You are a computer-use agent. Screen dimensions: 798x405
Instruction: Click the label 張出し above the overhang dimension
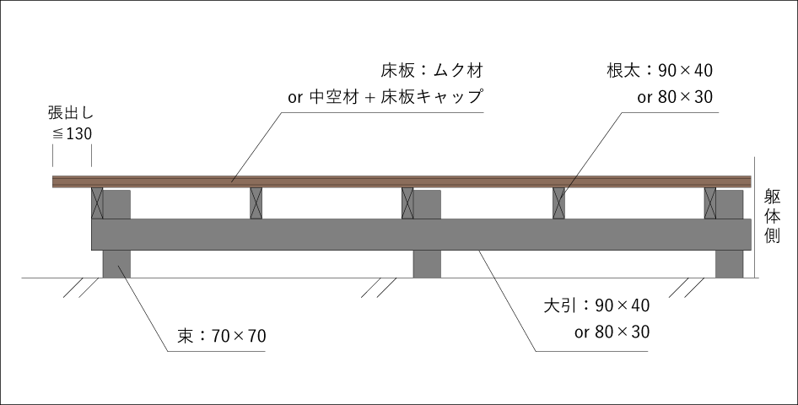pyautogui.click(x=71, y=112)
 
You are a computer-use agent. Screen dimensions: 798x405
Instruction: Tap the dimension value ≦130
pyautogui.click(x=72, y=134)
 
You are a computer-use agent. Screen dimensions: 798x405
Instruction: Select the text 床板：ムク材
pyautogui.click(x=432, y=70)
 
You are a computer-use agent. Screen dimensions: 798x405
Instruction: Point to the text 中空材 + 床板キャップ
pyautogui.click(x=396, y=97)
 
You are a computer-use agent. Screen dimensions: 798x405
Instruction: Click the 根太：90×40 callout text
pyautogui.click(x=660, y=70)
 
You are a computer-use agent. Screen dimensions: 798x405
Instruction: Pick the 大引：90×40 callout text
pyautogui.click(x=596, y=305)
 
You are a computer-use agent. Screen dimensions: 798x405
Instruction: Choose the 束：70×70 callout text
pyautogui.click(x=221, y=336)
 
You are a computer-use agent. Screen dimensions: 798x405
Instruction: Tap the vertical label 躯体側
pyautogui.click(x=772, y=216)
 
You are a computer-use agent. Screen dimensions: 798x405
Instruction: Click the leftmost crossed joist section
pyautogui.click(x=97, y=203)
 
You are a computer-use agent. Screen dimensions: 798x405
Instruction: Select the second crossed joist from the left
pyautogui.click(x=256, y=203)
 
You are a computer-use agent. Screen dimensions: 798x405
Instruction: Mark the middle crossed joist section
pyautogui.click(x=407, y=203)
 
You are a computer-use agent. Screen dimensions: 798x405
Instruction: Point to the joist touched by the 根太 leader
pyautogui.click(x=558, y=203)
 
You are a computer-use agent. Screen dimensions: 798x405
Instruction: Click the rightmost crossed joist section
pyautogui.click(x=710, y=203)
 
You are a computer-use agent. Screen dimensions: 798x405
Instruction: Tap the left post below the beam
pyautogui.click(x=116, y=264)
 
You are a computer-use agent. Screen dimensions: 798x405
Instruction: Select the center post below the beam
pyautogui.click(x=427, y=264)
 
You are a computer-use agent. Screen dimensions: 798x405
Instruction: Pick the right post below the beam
pyautogui.click(x=729, y=264)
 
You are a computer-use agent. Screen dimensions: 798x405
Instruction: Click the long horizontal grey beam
pyautogui.click(x=422, y=235)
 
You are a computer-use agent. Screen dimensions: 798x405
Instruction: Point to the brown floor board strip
pyautogui.click(x=402, y=181)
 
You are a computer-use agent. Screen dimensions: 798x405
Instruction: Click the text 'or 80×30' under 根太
pyautogui.click(x=675, y=97)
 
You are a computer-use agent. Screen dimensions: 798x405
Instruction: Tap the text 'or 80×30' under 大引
pyautogui.click(x=612, y=332)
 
